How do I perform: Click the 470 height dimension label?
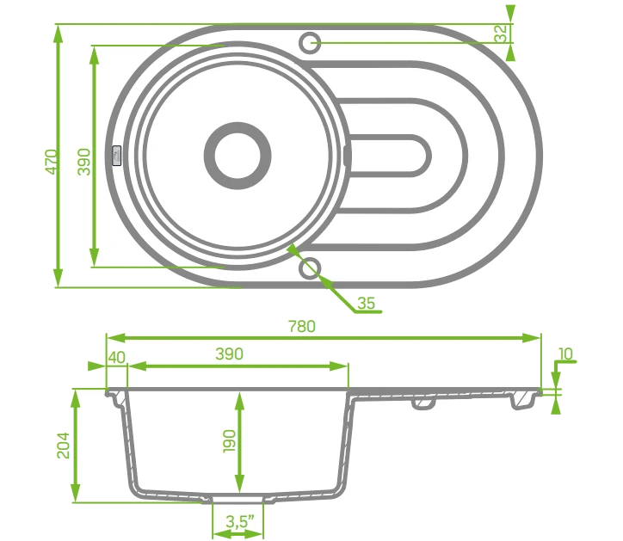52,162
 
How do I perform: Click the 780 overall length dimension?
302,327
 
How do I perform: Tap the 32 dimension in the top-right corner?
502,33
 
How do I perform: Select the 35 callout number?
366,303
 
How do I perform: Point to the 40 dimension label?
117,358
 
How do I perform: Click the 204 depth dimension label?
63,446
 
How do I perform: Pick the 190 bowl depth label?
229,440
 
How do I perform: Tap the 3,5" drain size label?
239,521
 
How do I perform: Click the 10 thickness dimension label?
566,353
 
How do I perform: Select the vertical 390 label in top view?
83,162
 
